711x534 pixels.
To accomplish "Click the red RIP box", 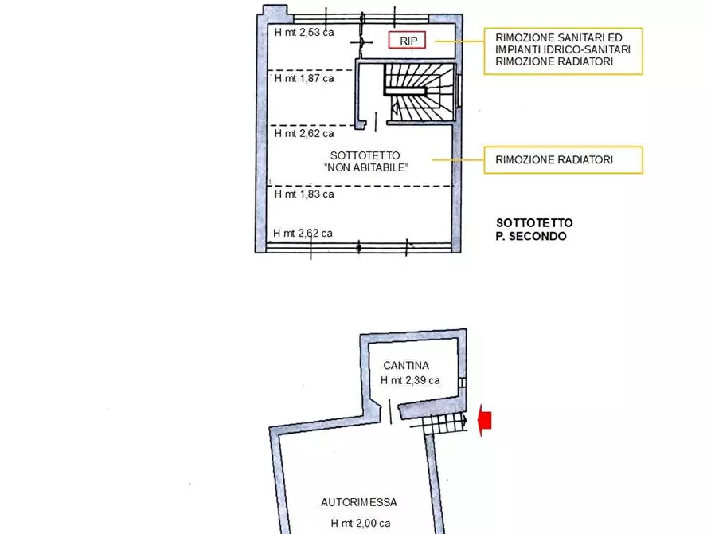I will coord(408,41).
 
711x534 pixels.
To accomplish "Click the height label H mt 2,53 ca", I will coord(304,33).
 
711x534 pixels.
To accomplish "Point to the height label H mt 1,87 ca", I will coord(304,78).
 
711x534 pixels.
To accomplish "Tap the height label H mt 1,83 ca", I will coord(304,194).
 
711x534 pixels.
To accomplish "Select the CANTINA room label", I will coord(406,365).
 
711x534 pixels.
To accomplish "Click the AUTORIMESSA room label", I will coord(358,502).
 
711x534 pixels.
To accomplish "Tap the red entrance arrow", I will coord(484,420).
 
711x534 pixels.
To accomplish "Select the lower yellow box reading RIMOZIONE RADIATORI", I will coord(563,160).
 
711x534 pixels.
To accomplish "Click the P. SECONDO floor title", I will coord(531,237).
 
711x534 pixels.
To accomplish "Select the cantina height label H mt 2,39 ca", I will coord(410,380).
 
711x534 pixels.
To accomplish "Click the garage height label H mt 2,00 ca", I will coord(361,524).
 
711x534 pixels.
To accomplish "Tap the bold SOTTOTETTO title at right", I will coord(534,223).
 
